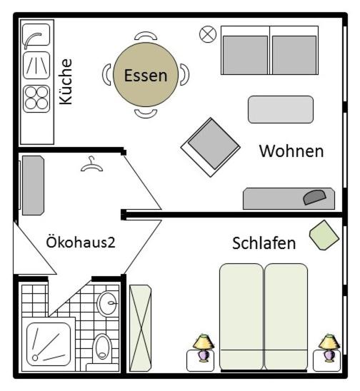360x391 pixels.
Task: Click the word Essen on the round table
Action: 146,76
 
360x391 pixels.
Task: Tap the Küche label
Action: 66,81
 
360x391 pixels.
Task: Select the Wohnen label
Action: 291,151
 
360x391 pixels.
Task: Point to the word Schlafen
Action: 264,243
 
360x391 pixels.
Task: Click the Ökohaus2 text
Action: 81,242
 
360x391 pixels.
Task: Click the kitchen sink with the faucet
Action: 36,35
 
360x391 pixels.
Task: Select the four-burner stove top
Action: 36,98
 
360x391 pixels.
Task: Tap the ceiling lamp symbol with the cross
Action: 208,34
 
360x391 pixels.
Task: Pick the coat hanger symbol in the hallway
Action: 91,165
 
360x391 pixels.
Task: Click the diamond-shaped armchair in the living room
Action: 211,147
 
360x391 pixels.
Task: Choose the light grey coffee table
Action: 281,109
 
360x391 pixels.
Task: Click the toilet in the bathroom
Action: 102,347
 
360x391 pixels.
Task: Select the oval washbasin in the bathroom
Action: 107,304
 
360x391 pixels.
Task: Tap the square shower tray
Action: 49,345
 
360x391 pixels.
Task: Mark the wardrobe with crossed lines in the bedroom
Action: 141,328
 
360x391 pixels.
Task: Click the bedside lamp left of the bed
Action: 204,348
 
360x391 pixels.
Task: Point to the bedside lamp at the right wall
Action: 329,348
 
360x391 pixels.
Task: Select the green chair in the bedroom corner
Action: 324,235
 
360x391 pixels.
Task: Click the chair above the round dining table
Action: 146,36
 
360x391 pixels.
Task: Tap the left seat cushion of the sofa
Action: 246,55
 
